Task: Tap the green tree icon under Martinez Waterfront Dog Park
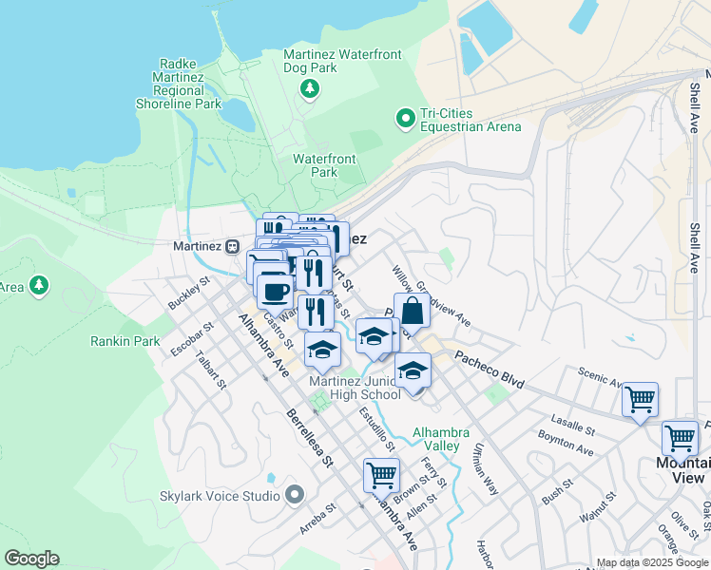(308, 89)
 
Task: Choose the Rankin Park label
(125, 341)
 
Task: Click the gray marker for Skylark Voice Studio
(294, 494)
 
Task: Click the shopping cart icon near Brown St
(381, 474)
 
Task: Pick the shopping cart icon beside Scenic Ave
(640, 399)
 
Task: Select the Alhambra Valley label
(436, 439)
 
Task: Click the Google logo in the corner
(31, 559)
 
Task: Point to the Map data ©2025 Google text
(651, 562)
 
